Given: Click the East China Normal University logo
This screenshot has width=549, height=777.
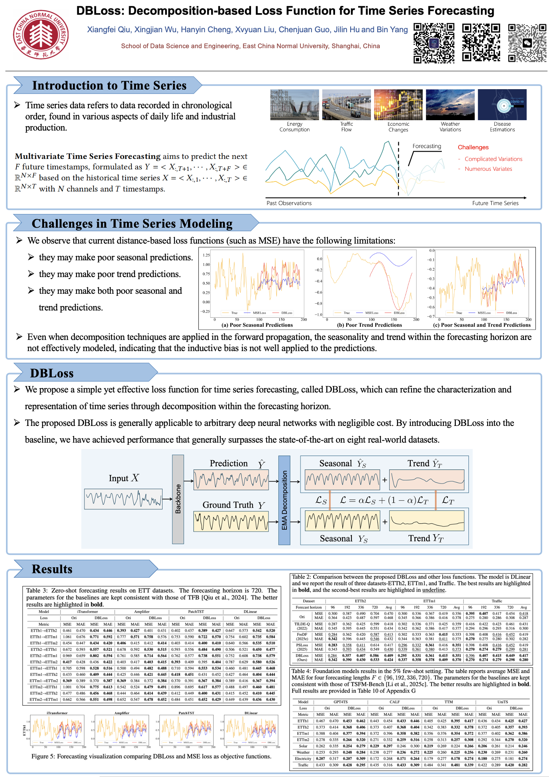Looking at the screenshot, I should coord(40,35).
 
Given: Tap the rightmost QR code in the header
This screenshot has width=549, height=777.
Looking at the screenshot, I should coord(527,43).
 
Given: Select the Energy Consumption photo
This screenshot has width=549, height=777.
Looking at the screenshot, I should coord(294,105).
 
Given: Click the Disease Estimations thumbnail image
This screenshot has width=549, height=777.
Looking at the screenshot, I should coord(502,105).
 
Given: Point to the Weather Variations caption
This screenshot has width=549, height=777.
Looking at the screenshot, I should coord(450,127).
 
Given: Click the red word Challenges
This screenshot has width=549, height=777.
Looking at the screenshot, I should coord(473,147).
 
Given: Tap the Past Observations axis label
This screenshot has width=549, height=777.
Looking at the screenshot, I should coord(289,203).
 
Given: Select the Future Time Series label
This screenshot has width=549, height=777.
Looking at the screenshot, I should coord(495,203).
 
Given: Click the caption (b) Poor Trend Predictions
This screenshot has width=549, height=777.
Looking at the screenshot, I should coord(369,325).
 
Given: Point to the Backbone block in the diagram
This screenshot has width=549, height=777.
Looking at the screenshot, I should coord(178,499).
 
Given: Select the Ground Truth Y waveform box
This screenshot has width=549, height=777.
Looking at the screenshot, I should coord(231,522).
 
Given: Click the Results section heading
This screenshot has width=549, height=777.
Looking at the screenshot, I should coord(52,569).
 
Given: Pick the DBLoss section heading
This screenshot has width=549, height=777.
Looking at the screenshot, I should coord(52,373).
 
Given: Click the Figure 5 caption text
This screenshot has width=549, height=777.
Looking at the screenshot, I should coord(151,756).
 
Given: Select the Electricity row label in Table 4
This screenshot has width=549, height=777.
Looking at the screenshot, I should coord(303,759).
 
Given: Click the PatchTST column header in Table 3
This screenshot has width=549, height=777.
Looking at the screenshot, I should coord(196,611).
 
